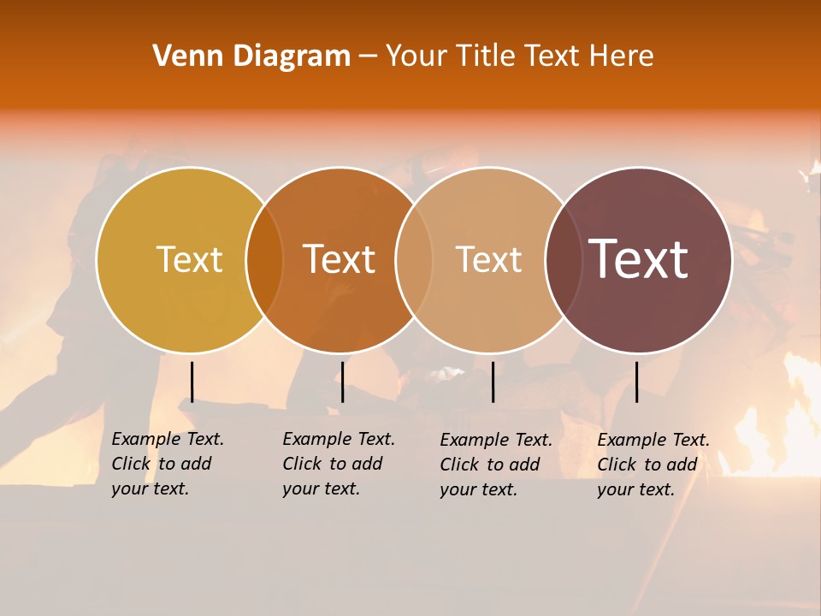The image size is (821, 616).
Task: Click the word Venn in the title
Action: coord(180,56)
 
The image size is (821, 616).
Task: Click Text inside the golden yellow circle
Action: coord(189,259)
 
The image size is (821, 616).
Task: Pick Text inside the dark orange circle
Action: coord(340,259)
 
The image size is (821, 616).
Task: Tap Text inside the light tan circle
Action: coord(488,259)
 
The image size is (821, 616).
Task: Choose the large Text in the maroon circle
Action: coord(639,259)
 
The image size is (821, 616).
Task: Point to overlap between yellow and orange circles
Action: coord(264,260)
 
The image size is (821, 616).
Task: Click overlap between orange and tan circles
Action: coord(414,260)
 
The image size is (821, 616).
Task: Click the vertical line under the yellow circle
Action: coord(192,382)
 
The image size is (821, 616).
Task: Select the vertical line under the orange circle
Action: coord(342,382)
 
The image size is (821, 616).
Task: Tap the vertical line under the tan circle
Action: coord(493,382)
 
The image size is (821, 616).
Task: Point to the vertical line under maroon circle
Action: coord(636,382)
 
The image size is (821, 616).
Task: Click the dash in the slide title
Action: coord(368,57)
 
